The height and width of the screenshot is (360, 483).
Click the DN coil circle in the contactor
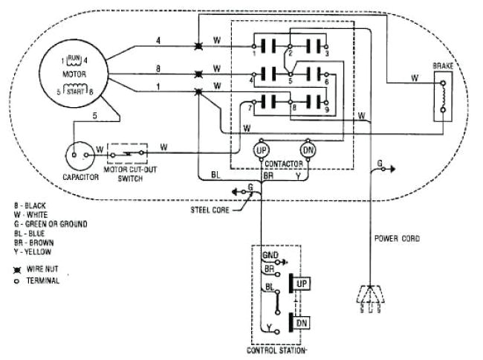pos(310,149)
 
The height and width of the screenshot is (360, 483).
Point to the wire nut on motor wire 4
pos(198,46)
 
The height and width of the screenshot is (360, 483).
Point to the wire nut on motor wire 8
pos(198,74)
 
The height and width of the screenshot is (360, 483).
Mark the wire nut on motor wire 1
pos(198,92)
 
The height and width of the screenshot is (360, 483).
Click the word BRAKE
pos(443,67)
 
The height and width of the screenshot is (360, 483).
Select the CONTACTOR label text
pos(285,162)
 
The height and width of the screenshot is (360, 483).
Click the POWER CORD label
pos(397,239)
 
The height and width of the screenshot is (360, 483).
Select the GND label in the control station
pos(270,254)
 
